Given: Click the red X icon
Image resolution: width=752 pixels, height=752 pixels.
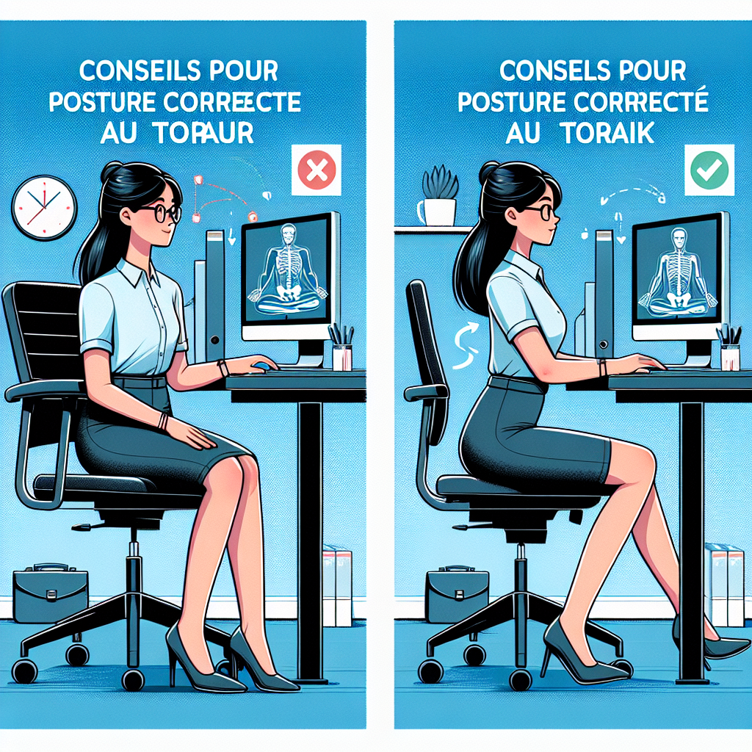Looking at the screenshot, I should point(317,170).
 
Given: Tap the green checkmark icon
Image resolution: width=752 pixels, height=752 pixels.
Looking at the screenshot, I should point(709,170).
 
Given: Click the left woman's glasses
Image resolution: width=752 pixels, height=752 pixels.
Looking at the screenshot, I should point(161,214).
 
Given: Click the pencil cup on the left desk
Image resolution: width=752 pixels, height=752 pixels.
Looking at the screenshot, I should point(342,350).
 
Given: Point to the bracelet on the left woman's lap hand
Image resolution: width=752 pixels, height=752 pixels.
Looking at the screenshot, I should point(162,423).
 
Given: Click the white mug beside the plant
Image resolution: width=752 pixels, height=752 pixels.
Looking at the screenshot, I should point(425,212).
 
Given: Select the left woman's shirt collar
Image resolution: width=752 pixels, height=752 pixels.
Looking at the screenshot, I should point(132,275).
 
